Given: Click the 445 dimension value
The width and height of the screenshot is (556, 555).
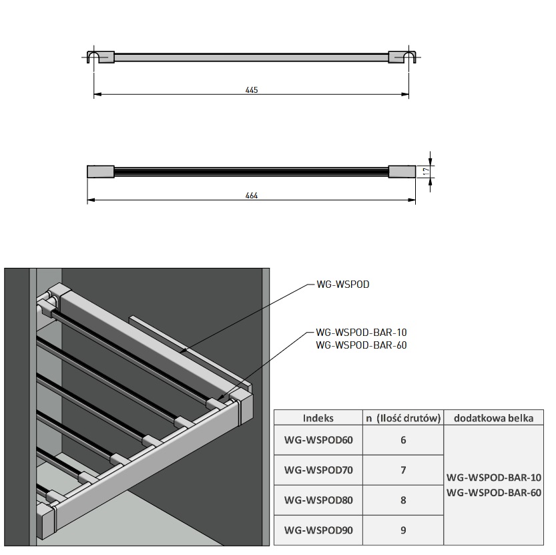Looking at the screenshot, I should tap(251, 89).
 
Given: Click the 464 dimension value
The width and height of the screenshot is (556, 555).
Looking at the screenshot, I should tap(251, 196).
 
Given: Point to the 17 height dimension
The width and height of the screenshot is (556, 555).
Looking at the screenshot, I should tap(425, 171).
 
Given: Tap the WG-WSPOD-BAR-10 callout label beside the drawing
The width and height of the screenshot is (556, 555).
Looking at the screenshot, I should tap(361, 332).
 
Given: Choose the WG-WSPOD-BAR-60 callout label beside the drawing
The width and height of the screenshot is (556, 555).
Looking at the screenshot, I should tap(361, 345).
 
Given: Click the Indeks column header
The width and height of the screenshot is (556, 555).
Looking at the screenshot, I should tap(318, 418).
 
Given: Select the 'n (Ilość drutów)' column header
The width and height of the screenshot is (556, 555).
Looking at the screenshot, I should tap(403, 418).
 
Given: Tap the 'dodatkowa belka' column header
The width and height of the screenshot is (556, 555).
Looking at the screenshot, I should tap(493, 418).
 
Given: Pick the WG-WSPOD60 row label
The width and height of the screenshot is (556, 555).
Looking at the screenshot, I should tap(318, 440).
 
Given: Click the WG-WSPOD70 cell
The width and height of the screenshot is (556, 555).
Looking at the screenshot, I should tap(318, 470).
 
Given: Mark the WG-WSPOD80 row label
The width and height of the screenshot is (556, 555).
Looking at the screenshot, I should tap(318, 500).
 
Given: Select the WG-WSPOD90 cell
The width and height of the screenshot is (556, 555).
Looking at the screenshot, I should tap(318, 532).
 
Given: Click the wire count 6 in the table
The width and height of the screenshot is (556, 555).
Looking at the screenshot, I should tap(403, 440).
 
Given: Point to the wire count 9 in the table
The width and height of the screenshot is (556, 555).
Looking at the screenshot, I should tap(403, 532).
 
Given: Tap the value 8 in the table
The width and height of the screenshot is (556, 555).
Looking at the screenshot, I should tap(403, 500).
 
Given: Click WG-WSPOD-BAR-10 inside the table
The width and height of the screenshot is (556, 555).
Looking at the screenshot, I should tap(493, 478).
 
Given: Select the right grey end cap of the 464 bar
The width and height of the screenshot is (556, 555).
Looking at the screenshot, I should tap(402, 171).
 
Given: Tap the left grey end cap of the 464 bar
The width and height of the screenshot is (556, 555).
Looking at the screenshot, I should tap(101, 171).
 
